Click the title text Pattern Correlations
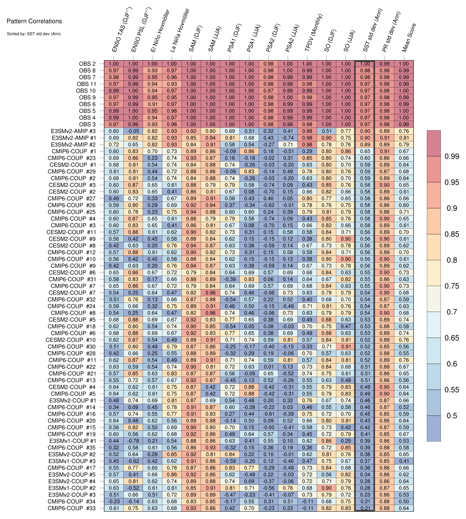[34, 21]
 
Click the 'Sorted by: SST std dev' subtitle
[34, 34]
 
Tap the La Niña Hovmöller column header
[180, 31]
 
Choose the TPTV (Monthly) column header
[314, 33]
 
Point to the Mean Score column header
[409, 38]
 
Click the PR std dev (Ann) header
[391, 32]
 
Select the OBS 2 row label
[87, 64]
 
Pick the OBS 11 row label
[86, 84]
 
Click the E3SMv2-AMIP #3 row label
[73, 131]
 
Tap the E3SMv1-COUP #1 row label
[72, 441]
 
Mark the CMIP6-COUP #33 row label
[72, 508]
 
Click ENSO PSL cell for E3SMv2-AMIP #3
[133, 131]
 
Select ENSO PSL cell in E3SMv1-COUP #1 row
[133, 441]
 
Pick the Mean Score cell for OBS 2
[404, 64]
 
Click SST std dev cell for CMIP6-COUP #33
[365, 508]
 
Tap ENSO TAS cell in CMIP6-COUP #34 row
[114, 502]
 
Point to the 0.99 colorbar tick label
[452, 156]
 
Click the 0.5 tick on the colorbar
[452, 416]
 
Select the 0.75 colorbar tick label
[452, 286]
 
